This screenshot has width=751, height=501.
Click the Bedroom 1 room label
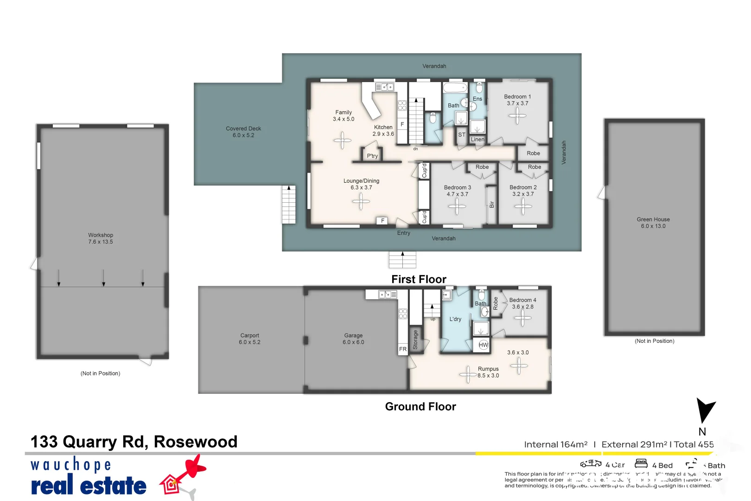click(517, 97)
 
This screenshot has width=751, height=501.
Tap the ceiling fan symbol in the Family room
click(343, 140)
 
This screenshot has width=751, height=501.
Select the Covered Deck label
click(243, 132)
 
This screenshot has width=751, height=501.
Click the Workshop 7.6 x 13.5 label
click(101, 238)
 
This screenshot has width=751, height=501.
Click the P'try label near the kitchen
click(372, 156)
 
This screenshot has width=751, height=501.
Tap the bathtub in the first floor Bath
click(455, 88)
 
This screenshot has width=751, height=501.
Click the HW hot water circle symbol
click(484, 345)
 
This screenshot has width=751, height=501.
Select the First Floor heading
click(419, 279)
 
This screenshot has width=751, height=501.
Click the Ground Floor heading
click(420, 407)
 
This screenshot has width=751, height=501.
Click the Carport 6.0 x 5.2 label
click(249, 339)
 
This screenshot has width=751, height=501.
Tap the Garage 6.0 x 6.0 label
click(353, 339)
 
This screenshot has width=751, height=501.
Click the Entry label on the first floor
click(403, 233)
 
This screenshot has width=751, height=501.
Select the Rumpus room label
click(488, 369)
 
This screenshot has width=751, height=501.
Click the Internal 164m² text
click(555, 444)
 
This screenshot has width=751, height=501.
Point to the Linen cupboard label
click(477, 140)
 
